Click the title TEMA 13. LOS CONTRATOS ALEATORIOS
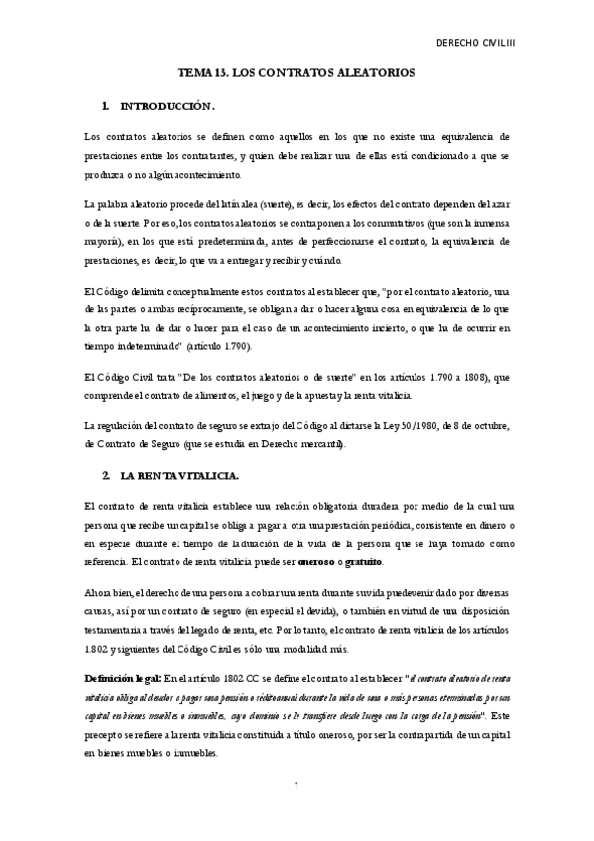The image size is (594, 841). (296, 73)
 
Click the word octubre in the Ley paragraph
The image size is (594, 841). (487, 425)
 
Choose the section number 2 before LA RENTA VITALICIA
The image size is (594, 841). (105, 475)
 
